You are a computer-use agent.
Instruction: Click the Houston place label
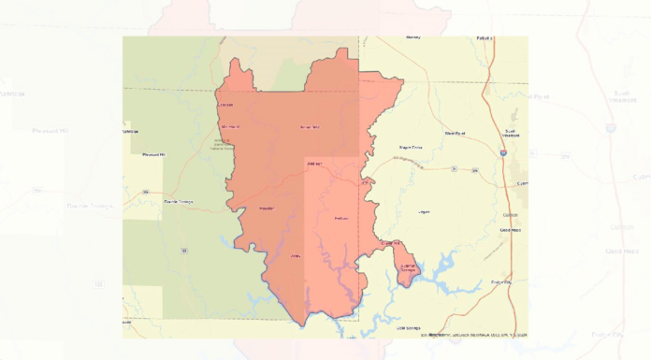[x=266, y=208]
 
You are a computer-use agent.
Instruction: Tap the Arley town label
[x=296, y=254]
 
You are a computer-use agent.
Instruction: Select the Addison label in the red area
[x=313, y=164]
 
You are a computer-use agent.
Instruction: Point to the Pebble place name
[x=340, y=219]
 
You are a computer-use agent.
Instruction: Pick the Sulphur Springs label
[x=408, y=268]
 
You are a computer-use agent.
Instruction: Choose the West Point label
[x=455, y=133]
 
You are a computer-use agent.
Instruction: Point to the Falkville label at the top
[x=484, y=38]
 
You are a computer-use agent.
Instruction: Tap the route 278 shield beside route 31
[x=475, y=170]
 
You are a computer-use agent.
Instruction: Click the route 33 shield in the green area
[x=184, y=250]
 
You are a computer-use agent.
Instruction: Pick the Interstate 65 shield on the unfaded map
[x=503, y=152]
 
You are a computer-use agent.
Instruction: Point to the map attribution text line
[x=473, y=334]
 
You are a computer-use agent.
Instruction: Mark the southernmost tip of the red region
[x=301, y=325]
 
